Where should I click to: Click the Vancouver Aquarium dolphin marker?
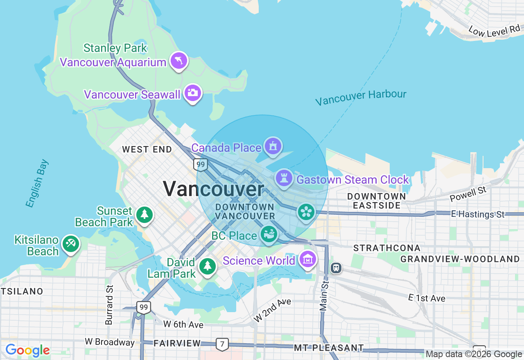pos(179,61)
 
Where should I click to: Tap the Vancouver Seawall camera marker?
pos(193,93)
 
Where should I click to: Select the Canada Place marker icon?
pos(273,146)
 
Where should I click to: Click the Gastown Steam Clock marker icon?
pos(284,178)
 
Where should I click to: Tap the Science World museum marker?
pos(307,259)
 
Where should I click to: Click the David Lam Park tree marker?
pos(208,266)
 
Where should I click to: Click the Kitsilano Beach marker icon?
pos(71,244)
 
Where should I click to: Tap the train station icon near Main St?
pos(336,268)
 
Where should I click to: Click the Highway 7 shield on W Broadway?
pos(222,344)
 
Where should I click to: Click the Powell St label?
pos(468,194)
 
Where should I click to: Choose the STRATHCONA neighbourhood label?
pos(387,248)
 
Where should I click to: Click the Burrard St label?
pos(109,305)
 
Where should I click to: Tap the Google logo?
pos(27,351)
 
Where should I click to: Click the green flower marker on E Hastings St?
pos(306,212)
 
